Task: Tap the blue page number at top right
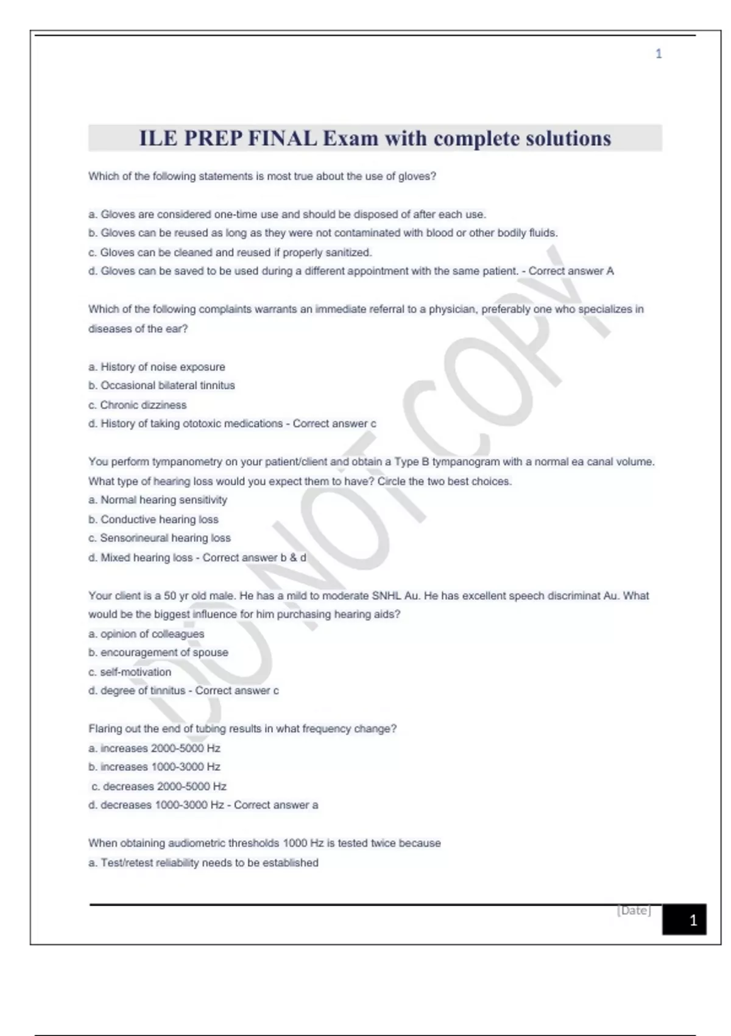click(659, 54)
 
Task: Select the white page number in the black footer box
click(693, 920)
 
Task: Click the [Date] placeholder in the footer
click(634, 910)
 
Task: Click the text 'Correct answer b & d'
click(255, 558)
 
